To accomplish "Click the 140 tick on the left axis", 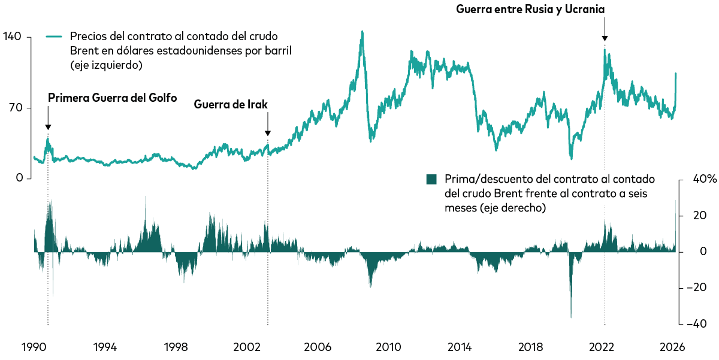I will click(12, 37).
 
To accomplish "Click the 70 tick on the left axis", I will click(15, 108).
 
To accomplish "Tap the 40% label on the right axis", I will click(700, 179).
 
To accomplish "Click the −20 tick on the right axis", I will click(697, 288).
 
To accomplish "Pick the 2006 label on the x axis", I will click(318, 347).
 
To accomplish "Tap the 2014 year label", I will click(460, 347).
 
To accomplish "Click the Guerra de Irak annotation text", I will click(231, 104).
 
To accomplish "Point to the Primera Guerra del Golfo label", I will click(112, 98).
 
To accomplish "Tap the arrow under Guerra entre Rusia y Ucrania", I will click(605, 30).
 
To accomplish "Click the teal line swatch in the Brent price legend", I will click(55, 37).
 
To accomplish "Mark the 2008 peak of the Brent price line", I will click(362, 32).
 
